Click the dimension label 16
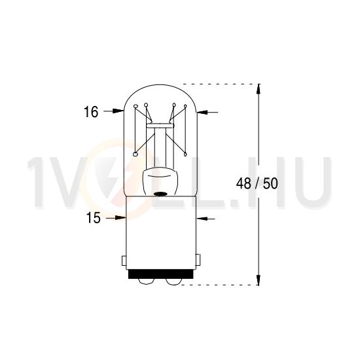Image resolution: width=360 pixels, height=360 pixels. [91, 113]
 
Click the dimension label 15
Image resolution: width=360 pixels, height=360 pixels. [93, 218]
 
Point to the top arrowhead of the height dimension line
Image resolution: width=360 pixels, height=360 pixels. [261, 88]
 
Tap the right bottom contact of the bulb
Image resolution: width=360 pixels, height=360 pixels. [173, 281]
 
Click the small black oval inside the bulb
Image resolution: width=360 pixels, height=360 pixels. [160, 193]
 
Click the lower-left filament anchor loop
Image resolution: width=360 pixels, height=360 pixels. [135, 155]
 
